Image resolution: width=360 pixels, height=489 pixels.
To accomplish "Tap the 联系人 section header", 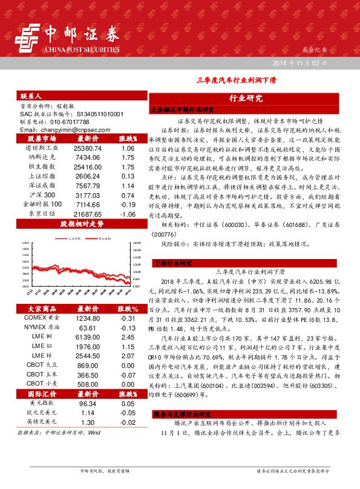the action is pos(31,96).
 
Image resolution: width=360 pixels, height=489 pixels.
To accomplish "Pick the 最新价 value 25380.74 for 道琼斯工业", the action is pos(88,148).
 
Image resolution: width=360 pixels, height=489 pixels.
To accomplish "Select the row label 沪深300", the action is pos(42,195).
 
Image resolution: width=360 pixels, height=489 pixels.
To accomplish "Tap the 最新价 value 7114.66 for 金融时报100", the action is pos(88,205).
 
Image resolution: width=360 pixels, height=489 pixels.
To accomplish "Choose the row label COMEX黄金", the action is pos(42,318).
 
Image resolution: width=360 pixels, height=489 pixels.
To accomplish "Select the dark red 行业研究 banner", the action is pos(246,98).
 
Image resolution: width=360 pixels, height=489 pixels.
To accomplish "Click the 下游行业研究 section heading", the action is pos(173,263).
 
